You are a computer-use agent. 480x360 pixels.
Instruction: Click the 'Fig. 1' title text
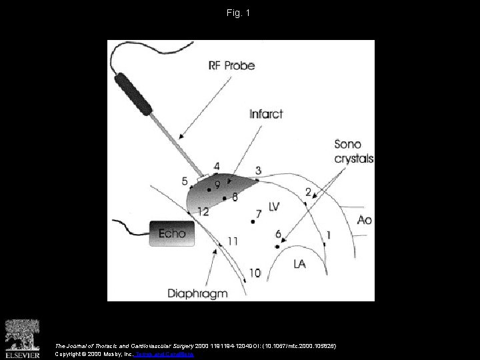point(239,13)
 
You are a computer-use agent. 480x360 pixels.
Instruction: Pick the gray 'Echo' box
point(171,233)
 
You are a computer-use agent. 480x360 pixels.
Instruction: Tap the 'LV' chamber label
point(273,207)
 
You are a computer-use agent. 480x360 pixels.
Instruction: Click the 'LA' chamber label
point(300,264)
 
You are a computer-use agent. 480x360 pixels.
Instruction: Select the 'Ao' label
point(364,219)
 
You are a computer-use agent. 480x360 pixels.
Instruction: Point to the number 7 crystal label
point(259,213)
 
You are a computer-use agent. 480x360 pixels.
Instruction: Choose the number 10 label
point(255,272)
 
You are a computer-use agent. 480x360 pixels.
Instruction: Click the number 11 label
point(233,240)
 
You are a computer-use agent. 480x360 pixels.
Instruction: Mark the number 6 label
point(278,234)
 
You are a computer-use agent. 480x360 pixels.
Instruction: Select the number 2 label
point(307,192)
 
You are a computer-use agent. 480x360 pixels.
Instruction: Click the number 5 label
point(185,181)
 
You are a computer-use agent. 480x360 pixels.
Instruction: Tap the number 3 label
point(258,171)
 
